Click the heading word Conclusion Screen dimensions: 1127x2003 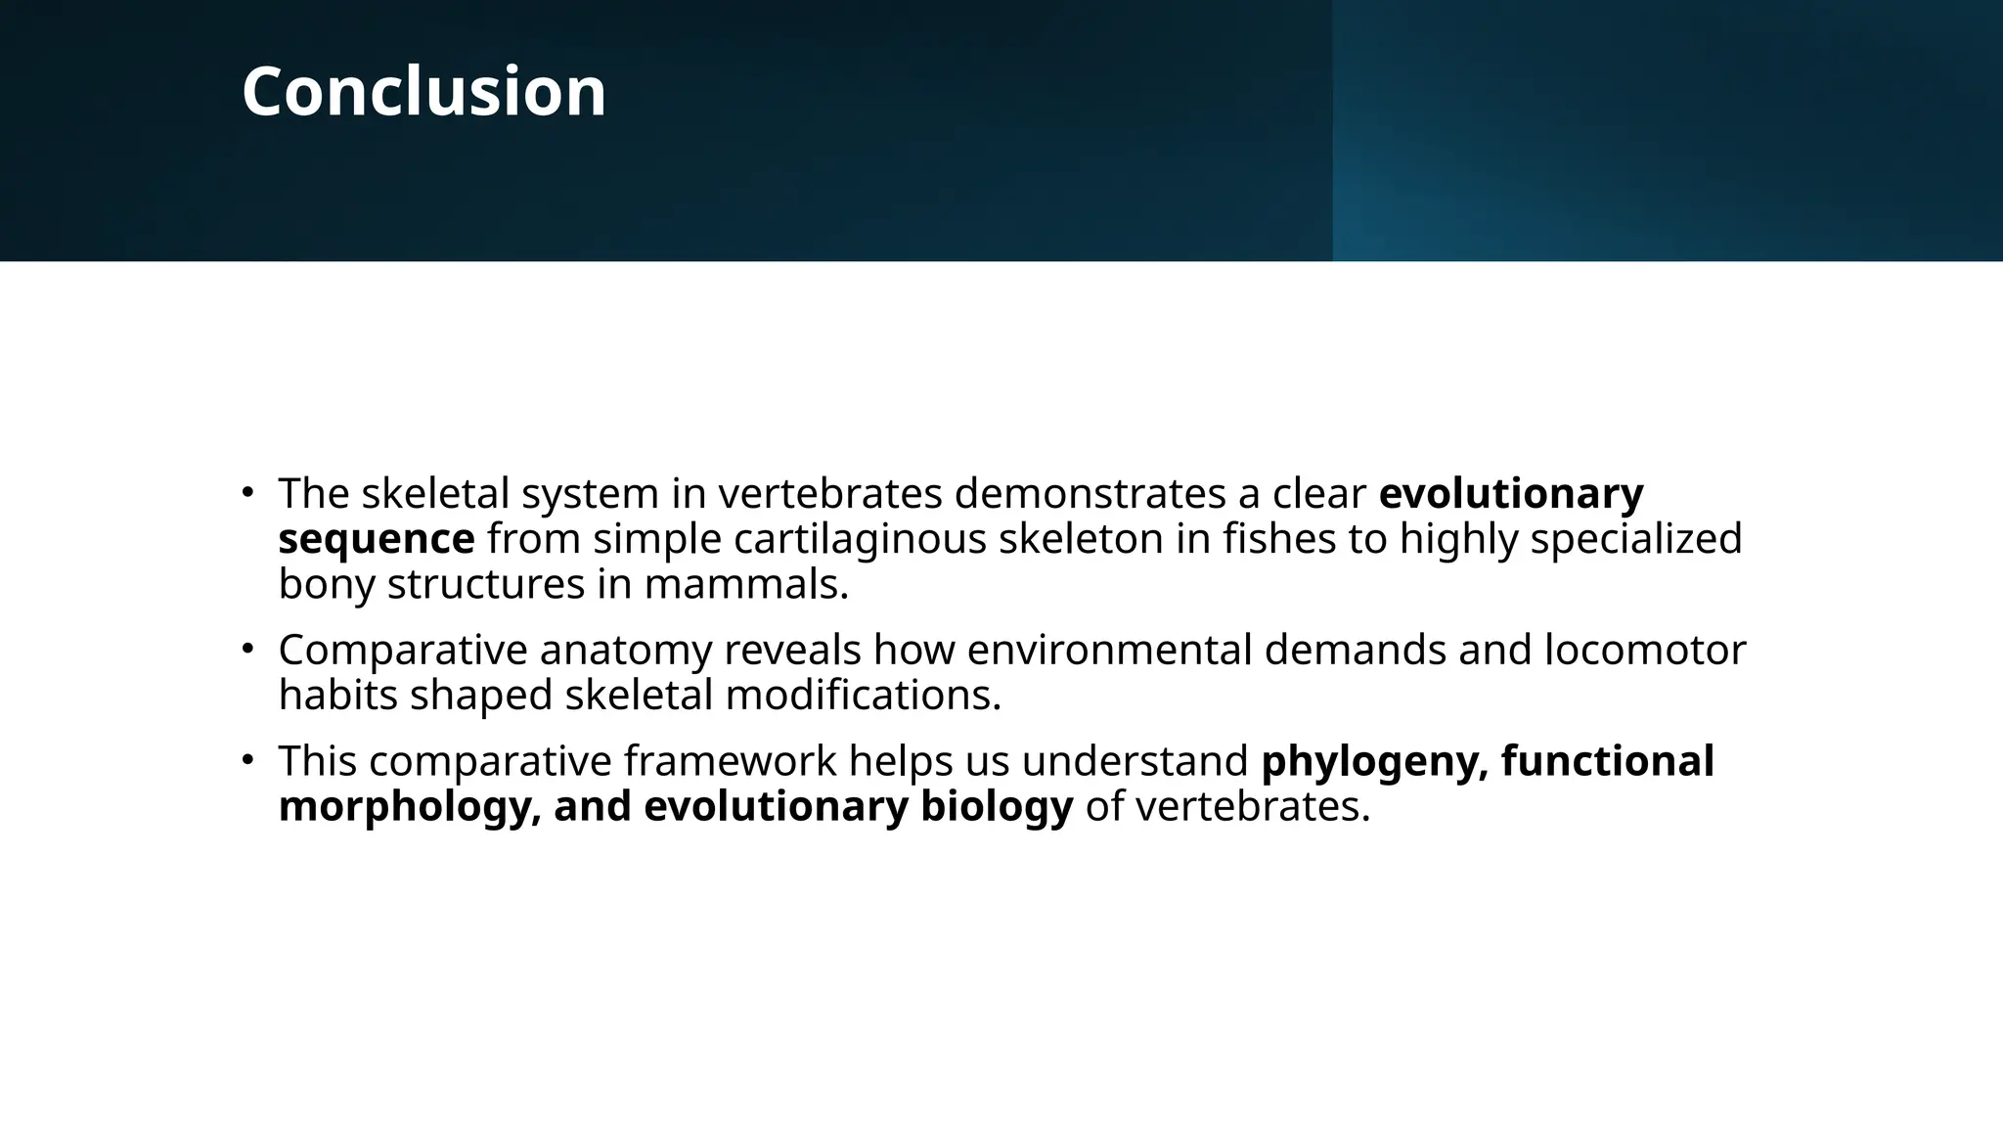coord(423,92)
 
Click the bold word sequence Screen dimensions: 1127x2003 coord(377,539)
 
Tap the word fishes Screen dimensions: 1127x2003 coord(1279,539)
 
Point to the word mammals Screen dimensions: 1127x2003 coord(745,584)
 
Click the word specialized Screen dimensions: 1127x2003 coord(1636,539)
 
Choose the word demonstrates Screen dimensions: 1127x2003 coord(1090,493)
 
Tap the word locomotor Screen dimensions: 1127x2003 coord(1645,650)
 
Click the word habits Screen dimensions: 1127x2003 coord(337,696)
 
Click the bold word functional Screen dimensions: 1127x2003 coord(1607,761)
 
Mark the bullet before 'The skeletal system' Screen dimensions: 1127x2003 coord(248,491)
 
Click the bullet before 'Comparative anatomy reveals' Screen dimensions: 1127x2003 coord(248,648)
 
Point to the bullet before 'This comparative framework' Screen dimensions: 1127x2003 coord(248,759)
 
